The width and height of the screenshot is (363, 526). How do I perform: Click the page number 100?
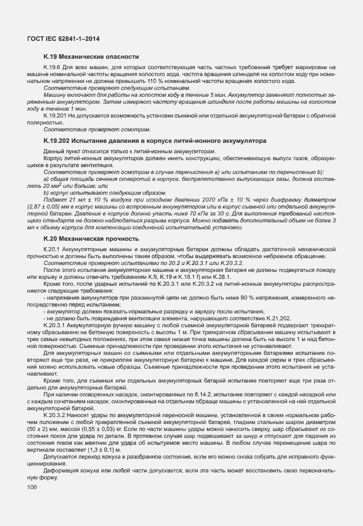pyautogui.click(x=32, y=488)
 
